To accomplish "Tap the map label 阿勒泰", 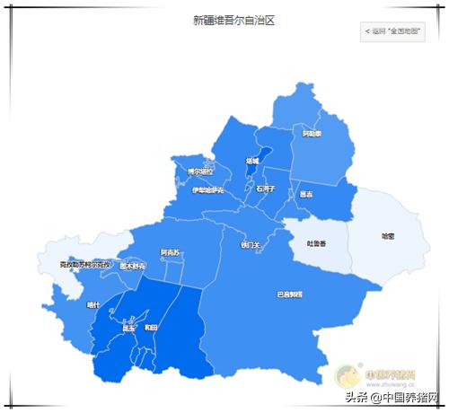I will (x=312, y=134).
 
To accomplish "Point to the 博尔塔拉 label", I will (x=200, y=171).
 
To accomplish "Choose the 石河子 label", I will (x=265, y=189).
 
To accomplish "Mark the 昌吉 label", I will (x=307, y=193).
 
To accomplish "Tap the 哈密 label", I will (x=388, y=236).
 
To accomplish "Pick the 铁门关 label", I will (x=251, y=244).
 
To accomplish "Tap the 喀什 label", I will (x=93, y=305).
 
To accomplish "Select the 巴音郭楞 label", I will (x=289, y=294).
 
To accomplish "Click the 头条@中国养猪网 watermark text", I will (x=390, y=398).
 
